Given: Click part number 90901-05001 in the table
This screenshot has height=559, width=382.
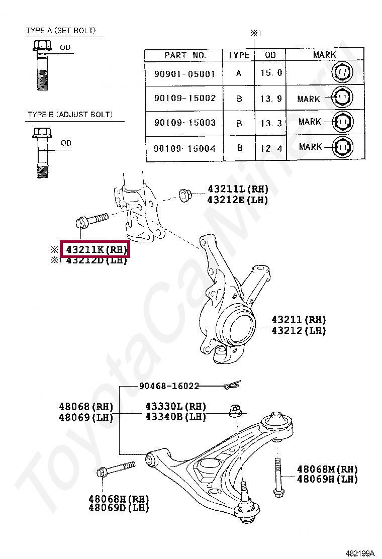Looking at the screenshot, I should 184,74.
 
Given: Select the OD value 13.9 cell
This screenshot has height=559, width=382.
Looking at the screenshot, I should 271,99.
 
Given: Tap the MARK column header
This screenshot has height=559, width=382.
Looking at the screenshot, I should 324,55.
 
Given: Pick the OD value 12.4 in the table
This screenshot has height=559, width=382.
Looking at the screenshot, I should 271,148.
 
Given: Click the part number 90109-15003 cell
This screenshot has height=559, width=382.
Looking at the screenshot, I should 184,123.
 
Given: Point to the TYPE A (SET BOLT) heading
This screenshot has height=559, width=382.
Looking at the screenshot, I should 61,31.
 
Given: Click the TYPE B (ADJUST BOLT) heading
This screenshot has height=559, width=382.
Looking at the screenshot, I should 70,115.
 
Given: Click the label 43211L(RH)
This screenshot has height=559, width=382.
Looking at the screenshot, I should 238,190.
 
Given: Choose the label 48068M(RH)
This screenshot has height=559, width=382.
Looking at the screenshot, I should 327,469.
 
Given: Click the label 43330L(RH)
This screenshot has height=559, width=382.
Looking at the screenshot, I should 176,406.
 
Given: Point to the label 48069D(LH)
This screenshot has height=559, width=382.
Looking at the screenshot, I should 119,508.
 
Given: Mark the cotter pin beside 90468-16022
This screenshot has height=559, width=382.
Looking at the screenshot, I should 233,386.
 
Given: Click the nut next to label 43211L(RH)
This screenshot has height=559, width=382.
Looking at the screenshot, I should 184,194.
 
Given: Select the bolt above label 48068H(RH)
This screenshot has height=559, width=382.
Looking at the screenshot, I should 115,469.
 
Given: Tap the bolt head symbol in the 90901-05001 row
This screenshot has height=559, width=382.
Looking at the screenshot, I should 342,74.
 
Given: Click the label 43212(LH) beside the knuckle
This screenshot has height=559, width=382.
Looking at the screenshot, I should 299,330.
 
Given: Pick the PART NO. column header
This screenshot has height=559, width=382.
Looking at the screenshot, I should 184,55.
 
